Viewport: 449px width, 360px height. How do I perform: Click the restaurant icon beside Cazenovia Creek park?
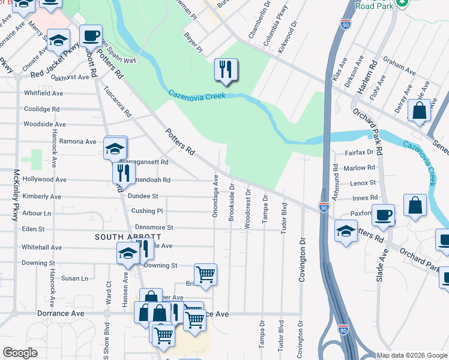(226, 70)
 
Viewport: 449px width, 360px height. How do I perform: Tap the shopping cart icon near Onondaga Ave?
(205, 274)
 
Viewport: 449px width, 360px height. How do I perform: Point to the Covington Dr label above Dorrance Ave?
(302, 259)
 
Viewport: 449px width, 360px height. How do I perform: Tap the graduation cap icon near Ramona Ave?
(115, 148)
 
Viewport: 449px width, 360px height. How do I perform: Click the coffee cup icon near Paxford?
(383, 215)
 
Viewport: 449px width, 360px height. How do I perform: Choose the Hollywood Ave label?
(44, 179)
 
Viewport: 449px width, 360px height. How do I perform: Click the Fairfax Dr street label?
(358, 152)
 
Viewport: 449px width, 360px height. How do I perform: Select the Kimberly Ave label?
(41, 196)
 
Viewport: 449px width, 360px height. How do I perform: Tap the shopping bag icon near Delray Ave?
(419, 110)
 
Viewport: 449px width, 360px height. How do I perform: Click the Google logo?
(20, 352)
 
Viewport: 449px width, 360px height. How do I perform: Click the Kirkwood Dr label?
(288, 37)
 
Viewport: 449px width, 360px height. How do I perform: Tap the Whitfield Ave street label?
(43, 94)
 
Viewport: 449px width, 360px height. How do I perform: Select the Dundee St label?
(142, 196)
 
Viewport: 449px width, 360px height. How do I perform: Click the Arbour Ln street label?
(37, 213)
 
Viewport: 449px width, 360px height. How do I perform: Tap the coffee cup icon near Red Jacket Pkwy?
(91, 36)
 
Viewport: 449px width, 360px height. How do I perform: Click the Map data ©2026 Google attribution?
(412, 355)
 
